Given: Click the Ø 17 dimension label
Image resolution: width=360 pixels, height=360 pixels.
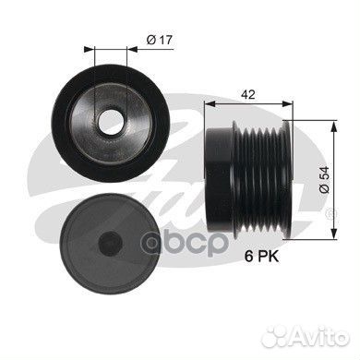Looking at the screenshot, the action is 160,40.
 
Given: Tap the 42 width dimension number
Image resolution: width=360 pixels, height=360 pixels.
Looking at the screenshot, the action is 248,94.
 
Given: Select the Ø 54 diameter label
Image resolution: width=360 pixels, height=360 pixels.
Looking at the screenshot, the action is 325,180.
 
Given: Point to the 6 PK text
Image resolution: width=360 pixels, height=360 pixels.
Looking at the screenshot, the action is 261,256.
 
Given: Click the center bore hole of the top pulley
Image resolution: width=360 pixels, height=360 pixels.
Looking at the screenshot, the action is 111,122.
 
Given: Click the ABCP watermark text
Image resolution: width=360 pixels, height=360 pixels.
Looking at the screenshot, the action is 186,243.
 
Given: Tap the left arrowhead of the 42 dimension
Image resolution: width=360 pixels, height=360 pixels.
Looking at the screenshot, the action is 210,104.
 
